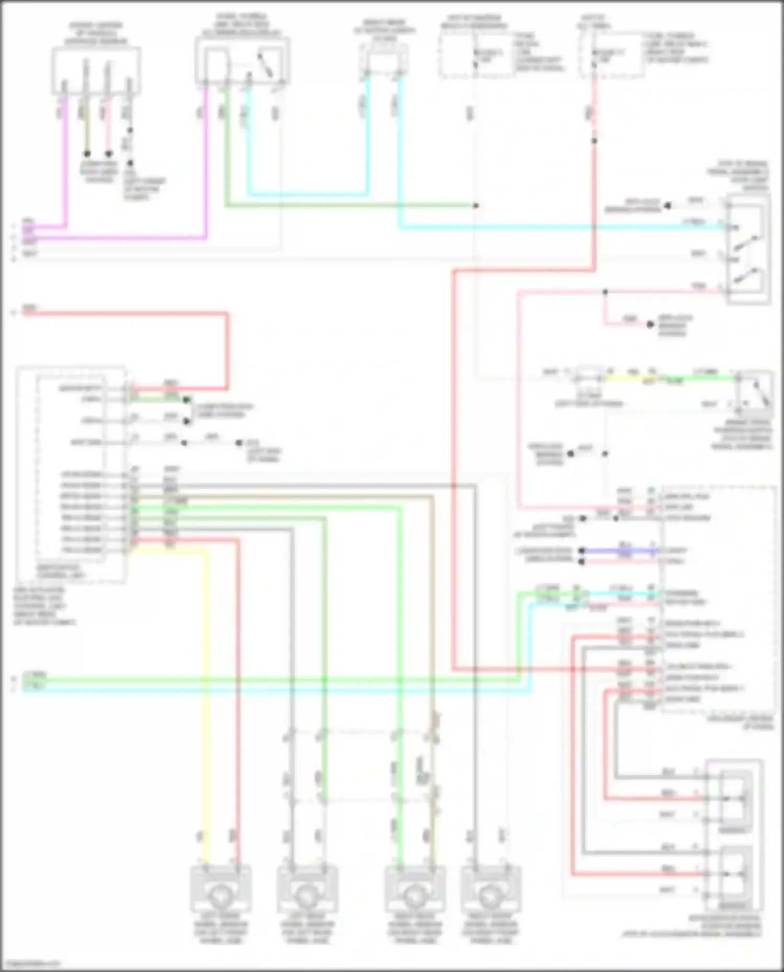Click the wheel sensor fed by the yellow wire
(x=221, y=895)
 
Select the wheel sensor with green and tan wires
(x=414, y=895)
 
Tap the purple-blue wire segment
(x=619, y=551)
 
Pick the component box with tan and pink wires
(x=96, y=71)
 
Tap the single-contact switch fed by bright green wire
(x=753, y=391)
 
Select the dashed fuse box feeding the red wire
(x=610, y=55)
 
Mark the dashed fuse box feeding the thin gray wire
(x=476, y=55)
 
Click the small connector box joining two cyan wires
(x=384, y=60)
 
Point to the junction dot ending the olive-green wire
(x=476, y=206)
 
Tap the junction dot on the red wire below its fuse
(x=594, y=141)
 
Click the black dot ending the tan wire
(x=87, y=154)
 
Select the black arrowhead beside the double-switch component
(x=667, y=206)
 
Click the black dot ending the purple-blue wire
(x=581, y=551)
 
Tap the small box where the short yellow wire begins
(x=589, y=378)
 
